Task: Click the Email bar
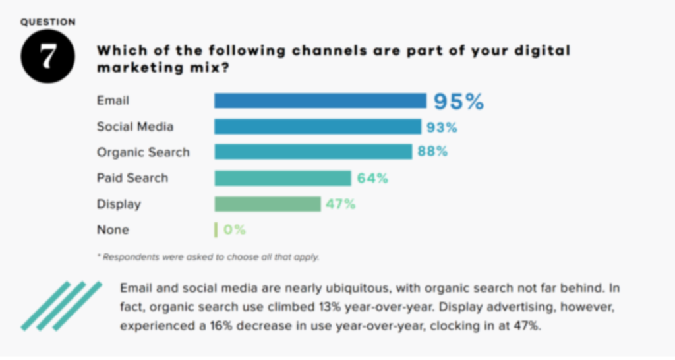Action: [x=320, y=101]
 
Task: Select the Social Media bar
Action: [x=317, y=127]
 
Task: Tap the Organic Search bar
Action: [x=313, y=152]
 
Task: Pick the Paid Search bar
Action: [x=282, y=178]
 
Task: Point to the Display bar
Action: [x=267, y=204]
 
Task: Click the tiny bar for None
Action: [x=216, y=230]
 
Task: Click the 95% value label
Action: [x=458, y=102]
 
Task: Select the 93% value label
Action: [x=442, y=127]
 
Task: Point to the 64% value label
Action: [x=372, y=178]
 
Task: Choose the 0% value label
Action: [x=234, y=230]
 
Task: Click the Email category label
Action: [x=113, y=101]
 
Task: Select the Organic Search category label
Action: [x=143, y=152]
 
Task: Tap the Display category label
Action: [x=119, y=204]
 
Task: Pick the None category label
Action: [x=113, y=230]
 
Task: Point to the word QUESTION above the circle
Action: [x=47, y=22]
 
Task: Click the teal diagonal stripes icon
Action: [x=61, y=305]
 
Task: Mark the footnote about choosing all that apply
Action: [x=208, y=257]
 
